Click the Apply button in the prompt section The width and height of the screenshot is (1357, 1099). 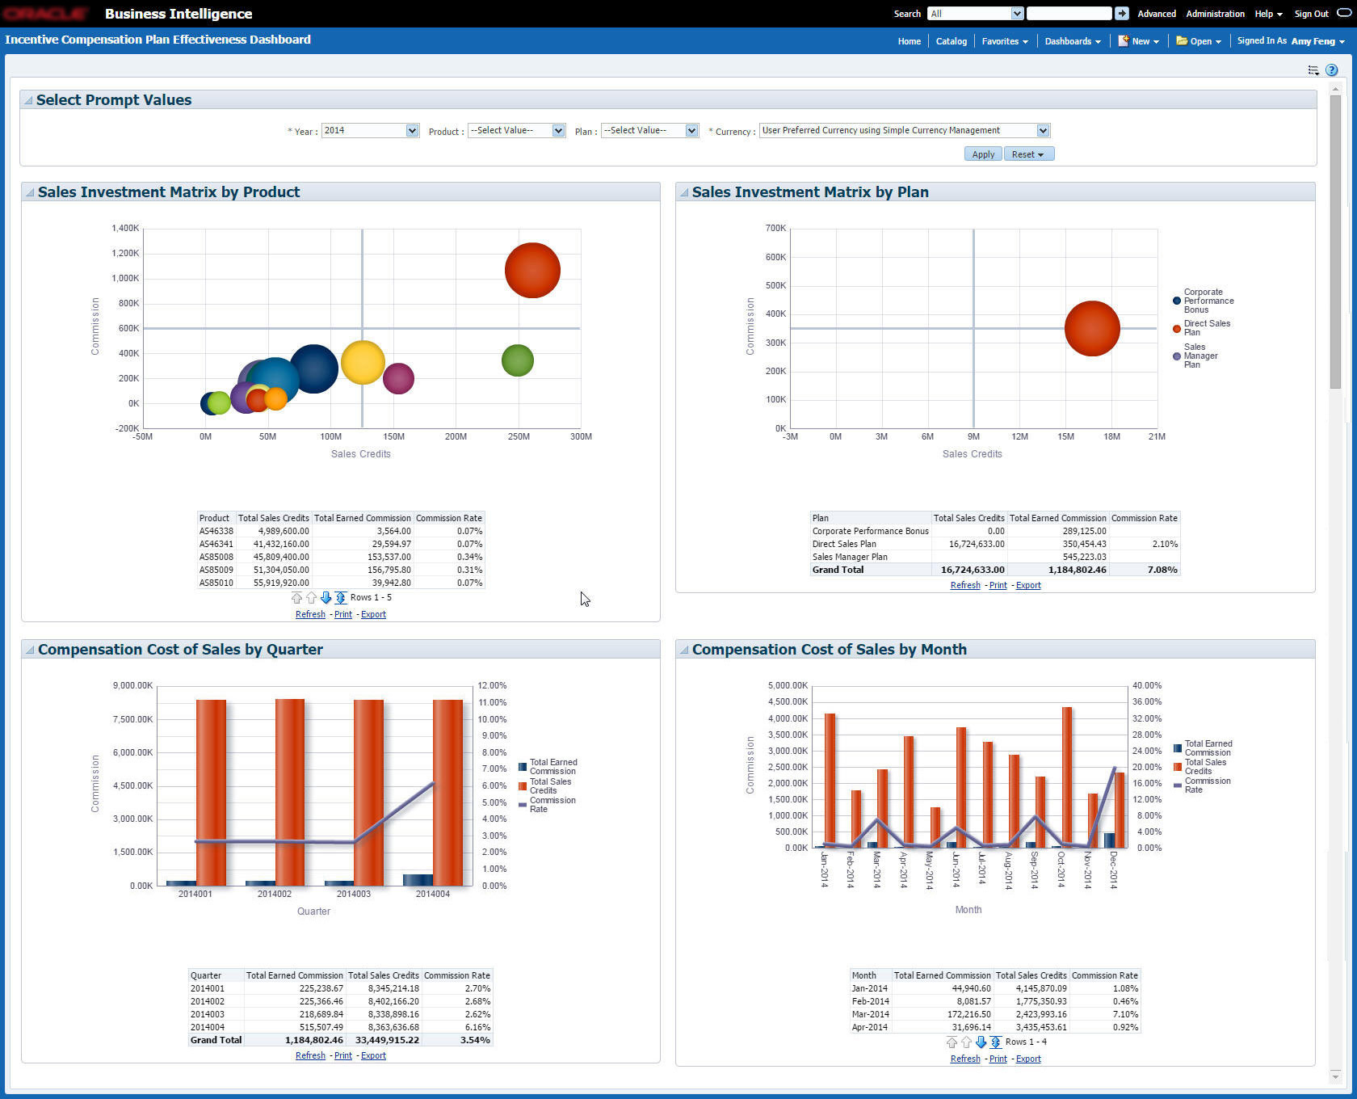coord(983,154)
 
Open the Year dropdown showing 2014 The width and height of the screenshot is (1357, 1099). coord(370,131)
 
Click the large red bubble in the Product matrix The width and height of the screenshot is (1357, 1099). coord(532,271)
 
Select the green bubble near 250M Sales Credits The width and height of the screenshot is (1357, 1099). coord(518,360)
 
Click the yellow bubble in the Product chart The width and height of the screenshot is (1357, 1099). coord(363,362)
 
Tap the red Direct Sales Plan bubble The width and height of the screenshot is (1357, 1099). coord(1092,328)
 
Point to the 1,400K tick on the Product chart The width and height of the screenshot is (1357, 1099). coord(125,229)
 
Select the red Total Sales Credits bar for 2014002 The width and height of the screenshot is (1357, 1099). coord(290,792)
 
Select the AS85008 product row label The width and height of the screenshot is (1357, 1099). coord(216,557)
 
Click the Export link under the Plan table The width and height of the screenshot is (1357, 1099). coord(1028,585)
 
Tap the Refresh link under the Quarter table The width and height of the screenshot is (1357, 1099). coord(310,1055)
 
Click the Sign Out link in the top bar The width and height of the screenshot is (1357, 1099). coord(1311,14)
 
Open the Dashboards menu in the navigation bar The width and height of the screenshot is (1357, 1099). coord(1072,41)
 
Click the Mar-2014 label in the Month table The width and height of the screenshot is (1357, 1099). coord(870,1014)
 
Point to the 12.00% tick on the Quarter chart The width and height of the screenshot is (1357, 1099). coord(492,685)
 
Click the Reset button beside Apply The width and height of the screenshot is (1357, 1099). coord(1029,154)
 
